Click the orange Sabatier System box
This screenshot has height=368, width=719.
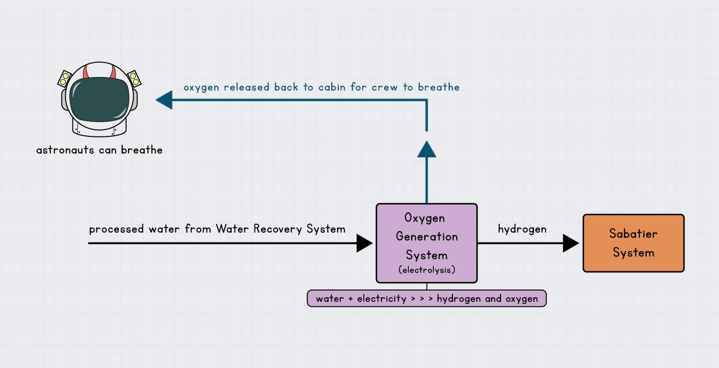click(633, 243)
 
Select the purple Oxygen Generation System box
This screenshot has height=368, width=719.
click(427, 243)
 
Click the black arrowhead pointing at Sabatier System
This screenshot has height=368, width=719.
click(571, 243)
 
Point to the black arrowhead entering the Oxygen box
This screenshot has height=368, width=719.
click(365, 243)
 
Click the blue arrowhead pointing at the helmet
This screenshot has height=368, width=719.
click(163, 100)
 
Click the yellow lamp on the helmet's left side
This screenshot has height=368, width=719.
click(64, 78)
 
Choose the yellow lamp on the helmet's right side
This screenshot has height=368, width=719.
click(133, 78)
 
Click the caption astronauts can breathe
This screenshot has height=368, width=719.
click(99, 150)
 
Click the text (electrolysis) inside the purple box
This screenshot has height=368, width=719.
click(427, 270)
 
